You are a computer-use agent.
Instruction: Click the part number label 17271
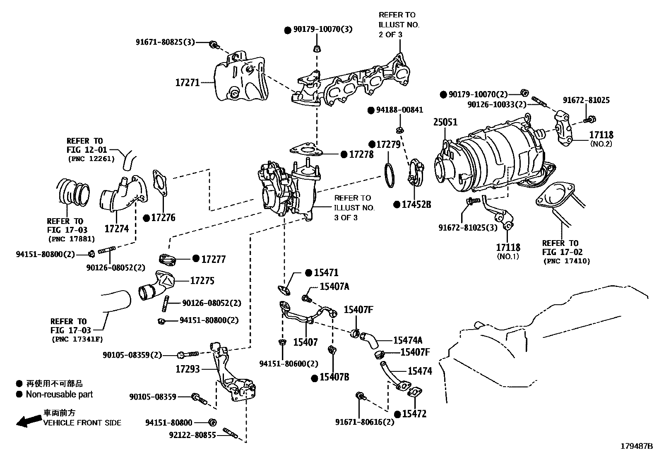187,82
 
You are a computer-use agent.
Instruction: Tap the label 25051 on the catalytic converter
445,122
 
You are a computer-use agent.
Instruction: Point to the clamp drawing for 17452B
416,174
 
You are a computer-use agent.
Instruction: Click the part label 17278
361,154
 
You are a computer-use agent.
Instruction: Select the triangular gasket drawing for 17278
304,151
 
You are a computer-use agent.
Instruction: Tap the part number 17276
163,218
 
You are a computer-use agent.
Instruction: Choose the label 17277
213,259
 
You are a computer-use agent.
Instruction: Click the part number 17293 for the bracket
187,368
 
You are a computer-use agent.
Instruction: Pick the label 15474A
407,340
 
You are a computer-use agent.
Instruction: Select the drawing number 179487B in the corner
636,446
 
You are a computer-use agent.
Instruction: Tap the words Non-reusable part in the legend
59,394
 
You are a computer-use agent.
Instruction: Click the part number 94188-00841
399,110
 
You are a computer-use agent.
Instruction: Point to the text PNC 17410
566,261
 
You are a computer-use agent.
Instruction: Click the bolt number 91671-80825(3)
165,42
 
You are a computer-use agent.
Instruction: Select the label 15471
326,272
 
